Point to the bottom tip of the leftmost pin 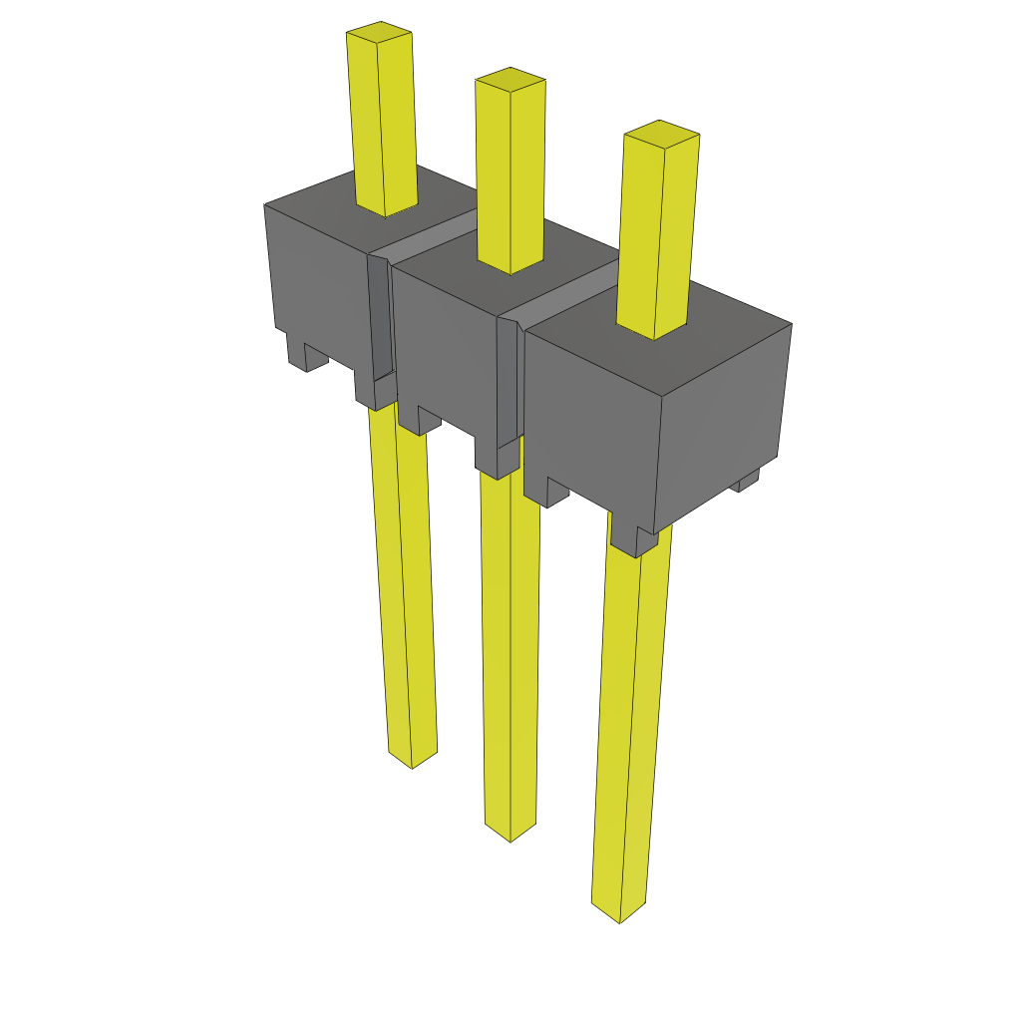point(412,760)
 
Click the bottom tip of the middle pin point(510,834)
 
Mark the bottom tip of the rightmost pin point(618,914)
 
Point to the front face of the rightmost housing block point(588,419)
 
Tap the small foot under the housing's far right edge point(747,482)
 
